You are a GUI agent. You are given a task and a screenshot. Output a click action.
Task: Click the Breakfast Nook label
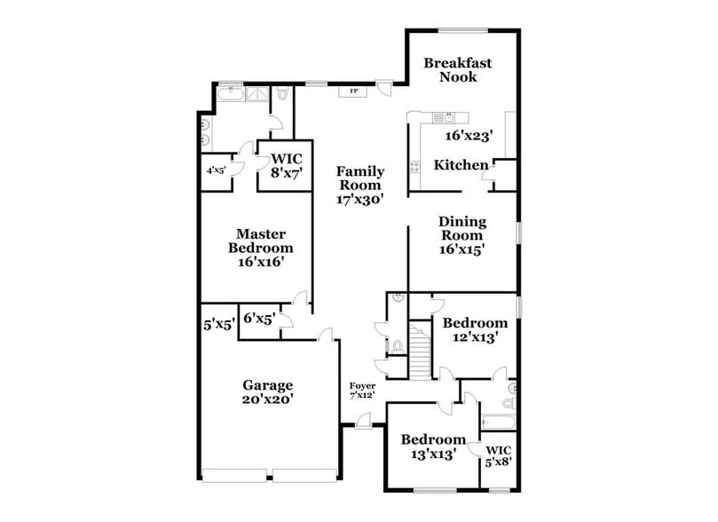(457, 70)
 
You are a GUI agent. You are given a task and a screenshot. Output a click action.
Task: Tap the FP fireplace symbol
(353, 91)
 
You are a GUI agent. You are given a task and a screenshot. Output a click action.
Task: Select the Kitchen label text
(460, 165)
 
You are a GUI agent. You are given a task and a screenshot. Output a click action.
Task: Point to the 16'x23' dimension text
(469, 136)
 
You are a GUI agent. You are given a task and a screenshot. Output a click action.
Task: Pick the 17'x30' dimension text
(359, 200)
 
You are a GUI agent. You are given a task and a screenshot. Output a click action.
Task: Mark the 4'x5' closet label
(217, 170)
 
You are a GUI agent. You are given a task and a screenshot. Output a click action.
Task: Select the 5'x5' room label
(217, 325)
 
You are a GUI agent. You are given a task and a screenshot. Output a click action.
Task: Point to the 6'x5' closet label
(259, 317)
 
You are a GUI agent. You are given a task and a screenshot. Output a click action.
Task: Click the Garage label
(268, 385)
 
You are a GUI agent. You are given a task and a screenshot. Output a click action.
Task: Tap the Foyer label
(362, 386)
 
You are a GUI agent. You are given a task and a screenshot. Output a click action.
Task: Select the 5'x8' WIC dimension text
(498, 463)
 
